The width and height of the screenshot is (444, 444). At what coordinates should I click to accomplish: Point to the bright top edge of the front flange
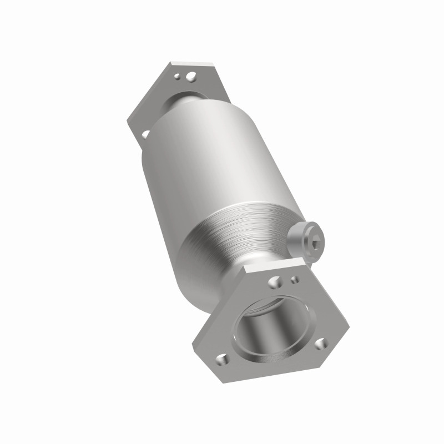tap(277, 265)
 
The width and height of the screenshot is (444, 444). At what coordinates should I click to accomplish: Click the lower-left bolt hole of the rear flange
tap(146, 134)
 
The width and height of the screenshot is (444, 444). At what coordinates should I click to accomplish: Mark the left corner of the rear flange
tap(129, 119)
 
